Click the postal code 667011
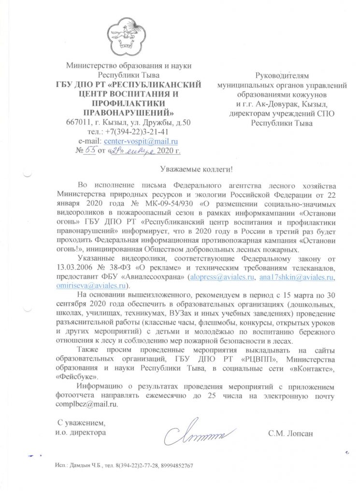tap(78, 121)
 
